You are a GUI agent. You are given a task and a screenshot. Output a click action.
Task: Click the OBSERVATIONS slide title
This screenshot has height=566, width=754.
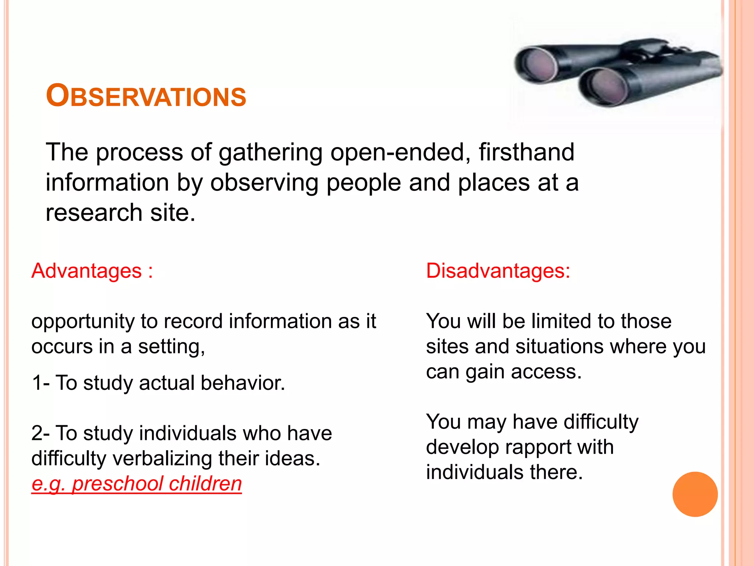tap(146, 96)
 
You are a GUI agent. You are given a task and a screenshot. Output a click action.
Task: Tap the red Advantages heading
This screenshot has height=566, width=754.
tap(87, 271)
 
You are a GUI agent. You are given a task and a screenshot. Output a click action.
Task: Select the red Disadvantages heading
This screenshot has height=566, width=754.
tap(498, 271)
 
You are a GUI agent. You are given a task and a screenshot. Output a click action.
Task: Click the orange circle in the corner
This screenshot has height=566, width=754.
tap(695, 494)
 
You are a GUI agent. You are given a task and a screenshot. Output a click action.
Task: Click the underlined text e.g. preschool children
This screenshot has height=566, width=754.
tap(137, 483)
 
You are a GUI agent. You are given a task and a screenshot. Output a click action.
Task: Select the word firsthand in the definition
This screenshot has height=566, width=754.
tap(526, 152)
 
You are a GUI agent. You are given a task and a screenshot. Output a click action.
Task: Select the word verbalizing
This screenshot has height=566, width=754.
tap(162, 458)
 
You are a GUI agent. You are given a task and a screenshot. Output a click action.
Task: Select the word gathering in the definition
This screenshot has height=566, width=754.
tap(271, 153)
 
